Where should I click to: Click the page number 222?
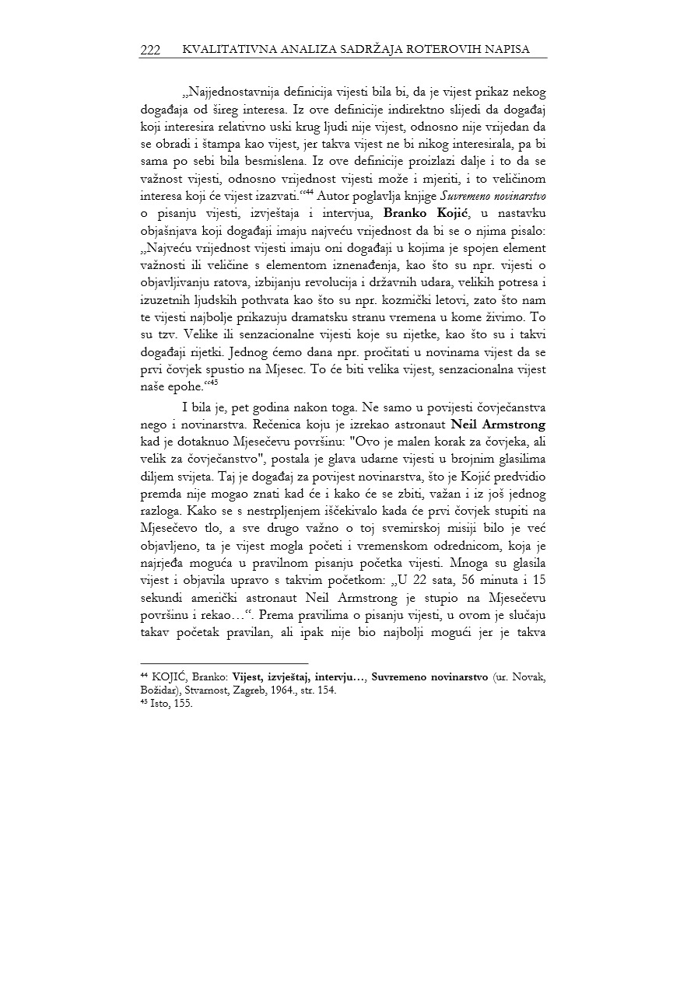coord(150,50)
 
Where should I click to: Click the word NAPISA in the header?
coord(504,50)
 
